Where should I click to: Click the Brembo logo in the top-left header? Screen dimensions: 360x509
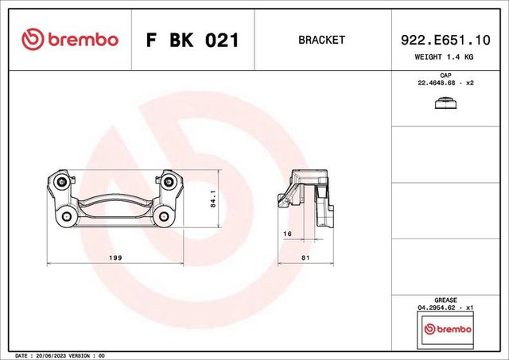(69, 40)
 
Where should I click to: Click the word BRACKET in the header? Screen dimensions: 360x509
(321, 40)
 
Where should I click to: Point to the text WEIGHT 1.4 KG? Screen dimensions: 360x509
(445, 56)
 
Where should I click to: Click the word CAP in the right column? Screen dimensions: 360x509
(445, 76)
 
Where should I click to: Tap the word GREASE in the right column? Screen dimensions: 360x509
(445, 300)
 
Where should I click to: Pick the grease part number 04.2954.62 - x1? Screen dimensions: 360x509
(445, 308)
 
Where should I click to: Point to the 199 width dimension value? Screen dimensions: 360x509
(115, 256)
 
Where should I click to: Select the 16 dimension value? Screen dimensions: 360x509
(288, 233)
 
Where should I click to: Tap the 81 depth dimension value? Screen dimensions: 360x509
(305, 256)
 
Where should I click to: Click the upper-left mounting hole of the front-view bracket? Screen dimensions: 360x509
(63, 183)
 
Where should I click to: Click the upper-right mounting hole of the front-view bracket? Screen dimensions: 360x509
(168, 183)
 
